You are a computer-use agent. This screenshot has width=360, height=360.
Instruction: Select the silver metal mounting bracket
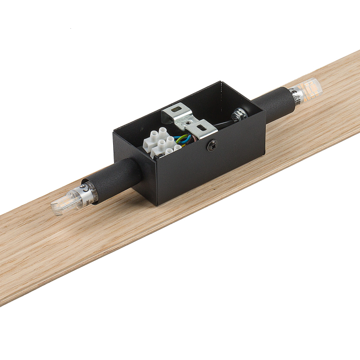tap(188, 121)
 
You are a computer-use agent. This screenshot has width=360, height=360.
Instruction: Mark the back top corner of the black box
tap(222, 82)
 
